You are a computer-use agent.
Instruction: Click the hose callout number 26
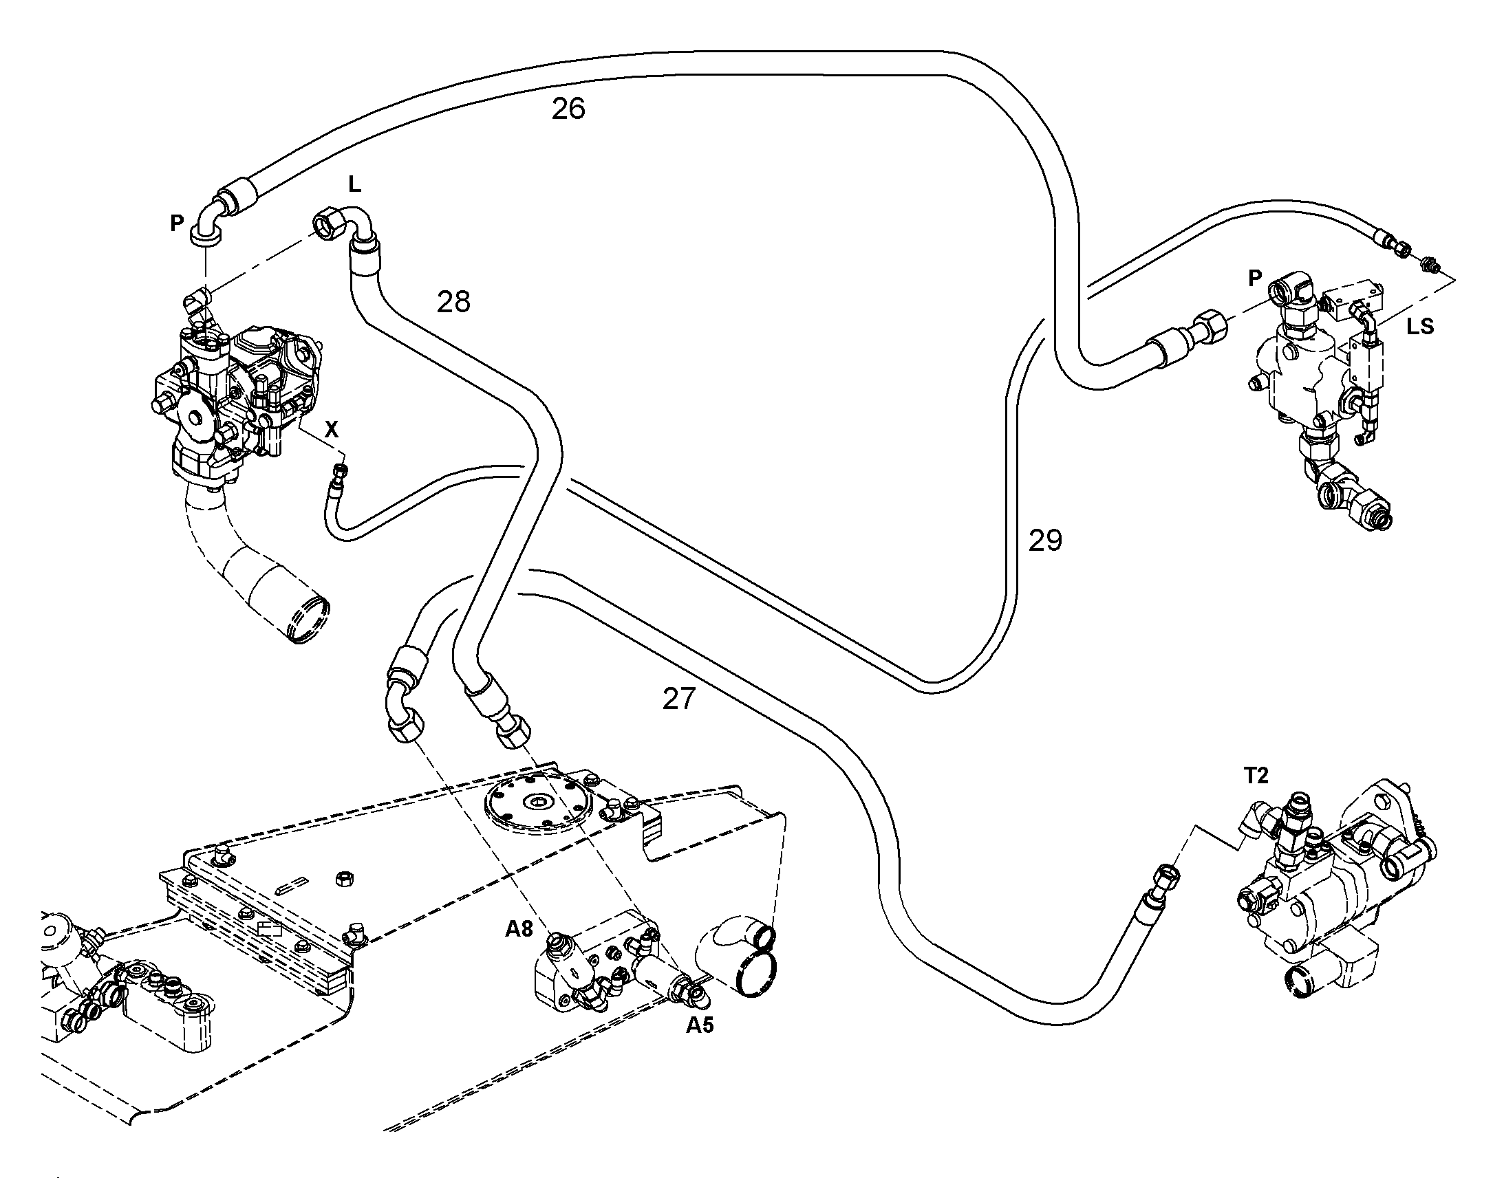click(568, 109)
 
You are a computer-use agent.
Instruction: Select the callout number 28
click(454, 301)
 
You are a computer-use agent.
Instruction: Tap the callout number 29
click(1045, 540)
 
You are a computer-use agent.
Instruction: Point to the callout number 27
click(680, 699)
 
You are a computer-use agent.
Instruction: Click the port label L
click(354, 184)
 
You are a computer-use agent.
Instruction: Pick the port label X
click(332, 430)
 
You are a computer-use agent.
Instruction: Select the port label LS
click(1420, 326)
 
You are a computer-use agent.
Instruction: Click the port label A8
click(519, 929)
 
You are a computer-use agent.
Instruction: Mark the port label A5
click(700, 1025)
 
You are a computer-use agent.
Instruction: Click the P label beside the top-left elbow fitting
click(178, 223)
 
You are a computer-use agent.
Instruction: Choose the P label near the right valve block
click(1255, 278)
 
